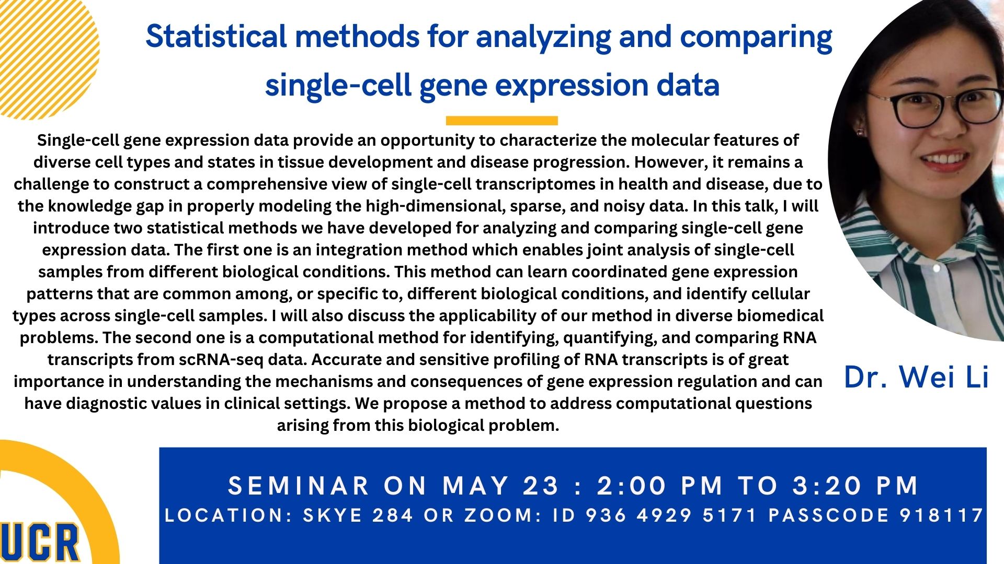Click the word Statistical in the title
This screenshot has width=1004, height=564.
coord(216,37)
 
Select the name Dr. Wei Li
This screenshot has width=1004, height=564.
coord(916,377)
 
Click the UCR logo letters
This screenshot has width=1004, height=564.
coord(39,543)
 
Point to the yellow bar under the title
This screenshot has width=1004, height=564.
coord(502,121)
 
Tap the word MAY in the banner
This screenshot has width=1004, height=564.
coord(476,486)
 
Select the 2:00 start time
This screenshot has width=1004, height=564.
coord(632,486)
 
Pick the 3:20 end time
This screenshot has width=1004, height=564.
coord(827,486)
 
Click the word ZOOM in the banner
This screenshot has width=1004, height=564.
coord(499,515)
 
